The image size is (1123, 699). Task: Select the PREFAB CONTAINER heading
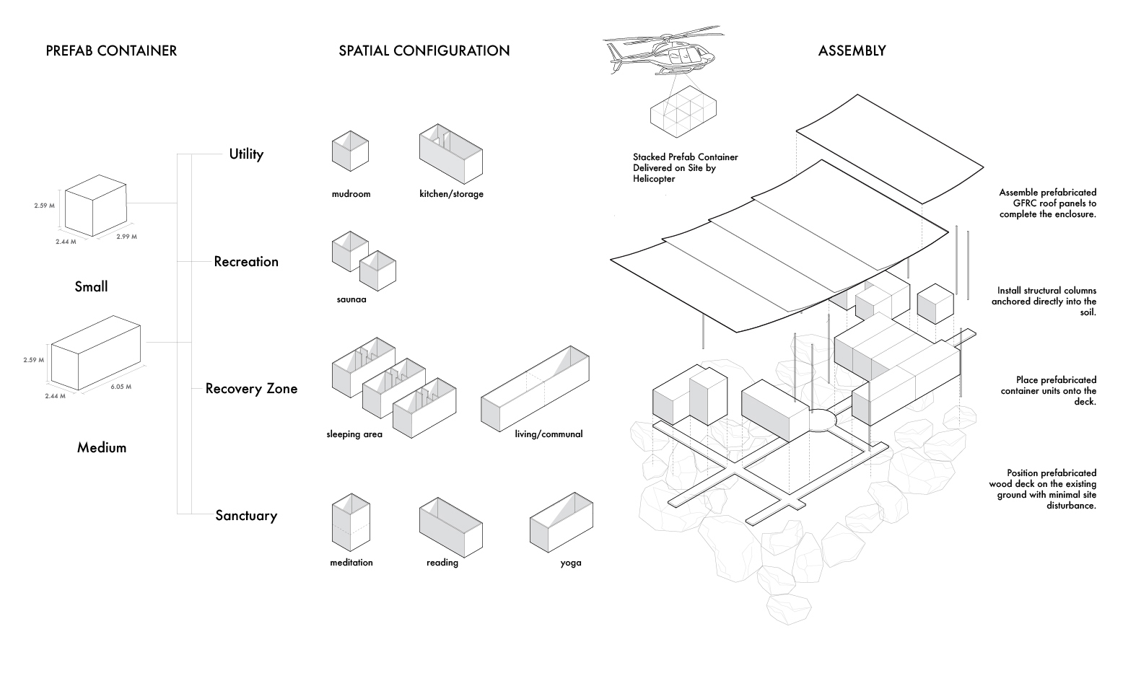111,50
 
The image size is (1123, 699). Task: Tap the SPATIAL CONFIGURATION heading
424,50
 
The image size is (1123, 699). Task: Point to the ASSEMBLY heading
852,50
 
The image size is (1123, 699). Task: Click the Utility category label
246,154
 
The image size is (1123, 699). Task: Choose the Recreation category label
246,261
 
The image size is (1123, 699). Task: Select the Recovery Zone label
251,388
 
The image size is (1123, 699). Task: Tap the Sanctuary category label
246,515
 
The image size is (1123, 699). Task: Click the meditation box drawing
351,524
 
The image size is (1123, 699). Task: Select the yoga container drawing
562,522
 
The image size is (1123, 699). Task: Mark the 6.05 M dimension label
121,387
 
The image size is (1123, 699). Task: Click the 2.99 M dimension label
126,237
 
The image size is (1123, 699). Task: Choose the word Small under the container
91,286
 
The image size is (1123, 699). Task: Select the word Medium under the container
102,447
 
